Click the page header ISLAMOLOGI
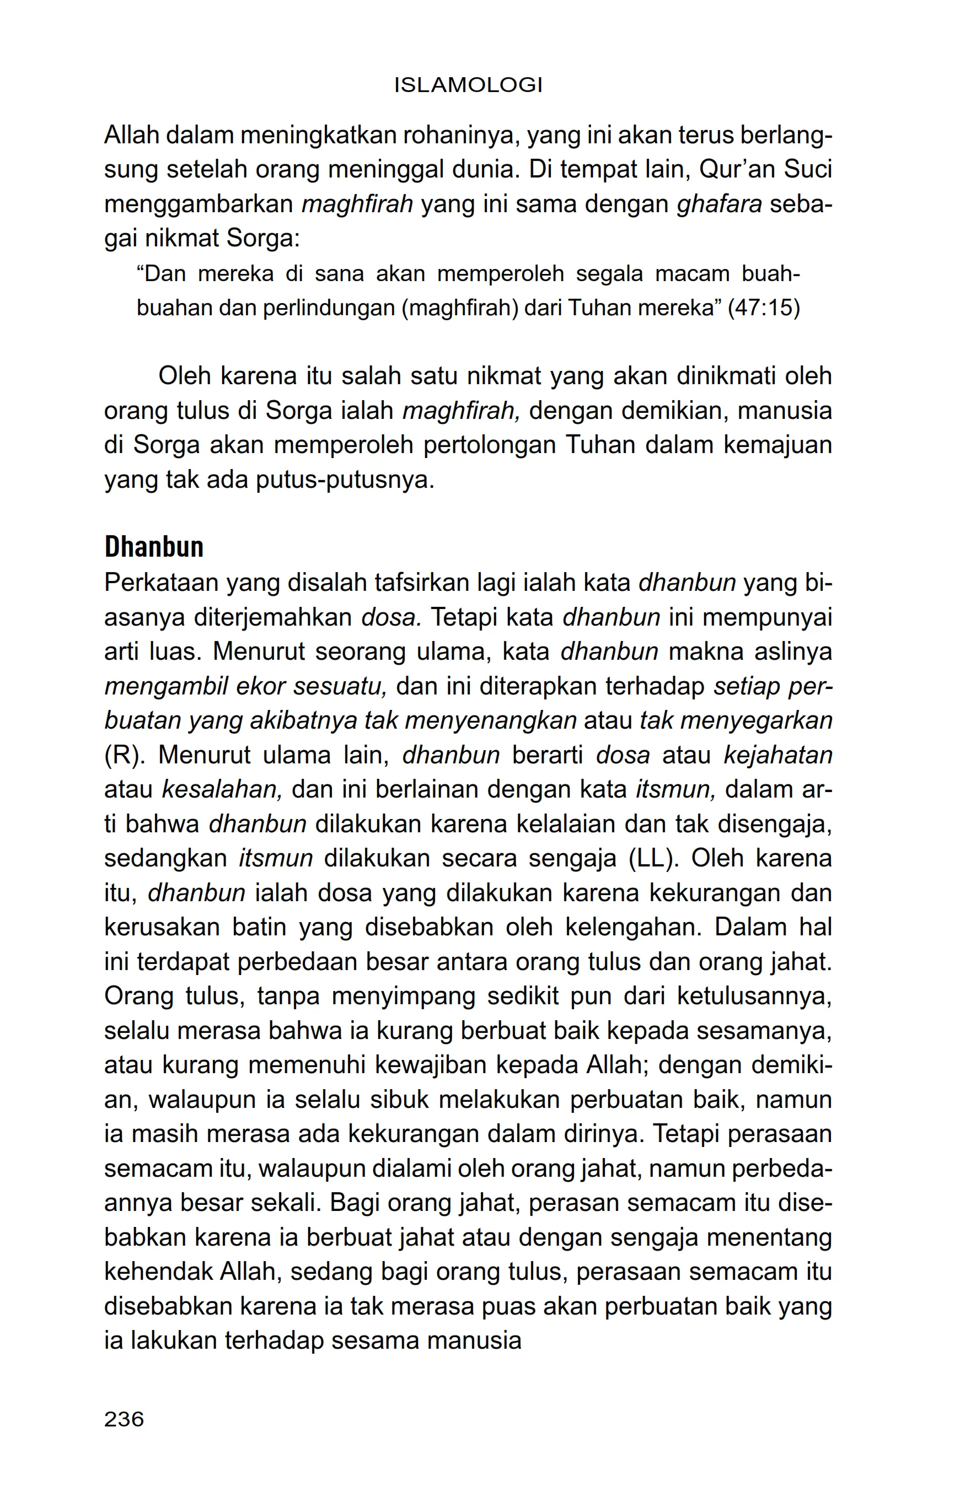click(468, 85)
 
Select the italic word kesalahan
click(222, 789)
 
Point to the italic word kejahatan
click(778, 755)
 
